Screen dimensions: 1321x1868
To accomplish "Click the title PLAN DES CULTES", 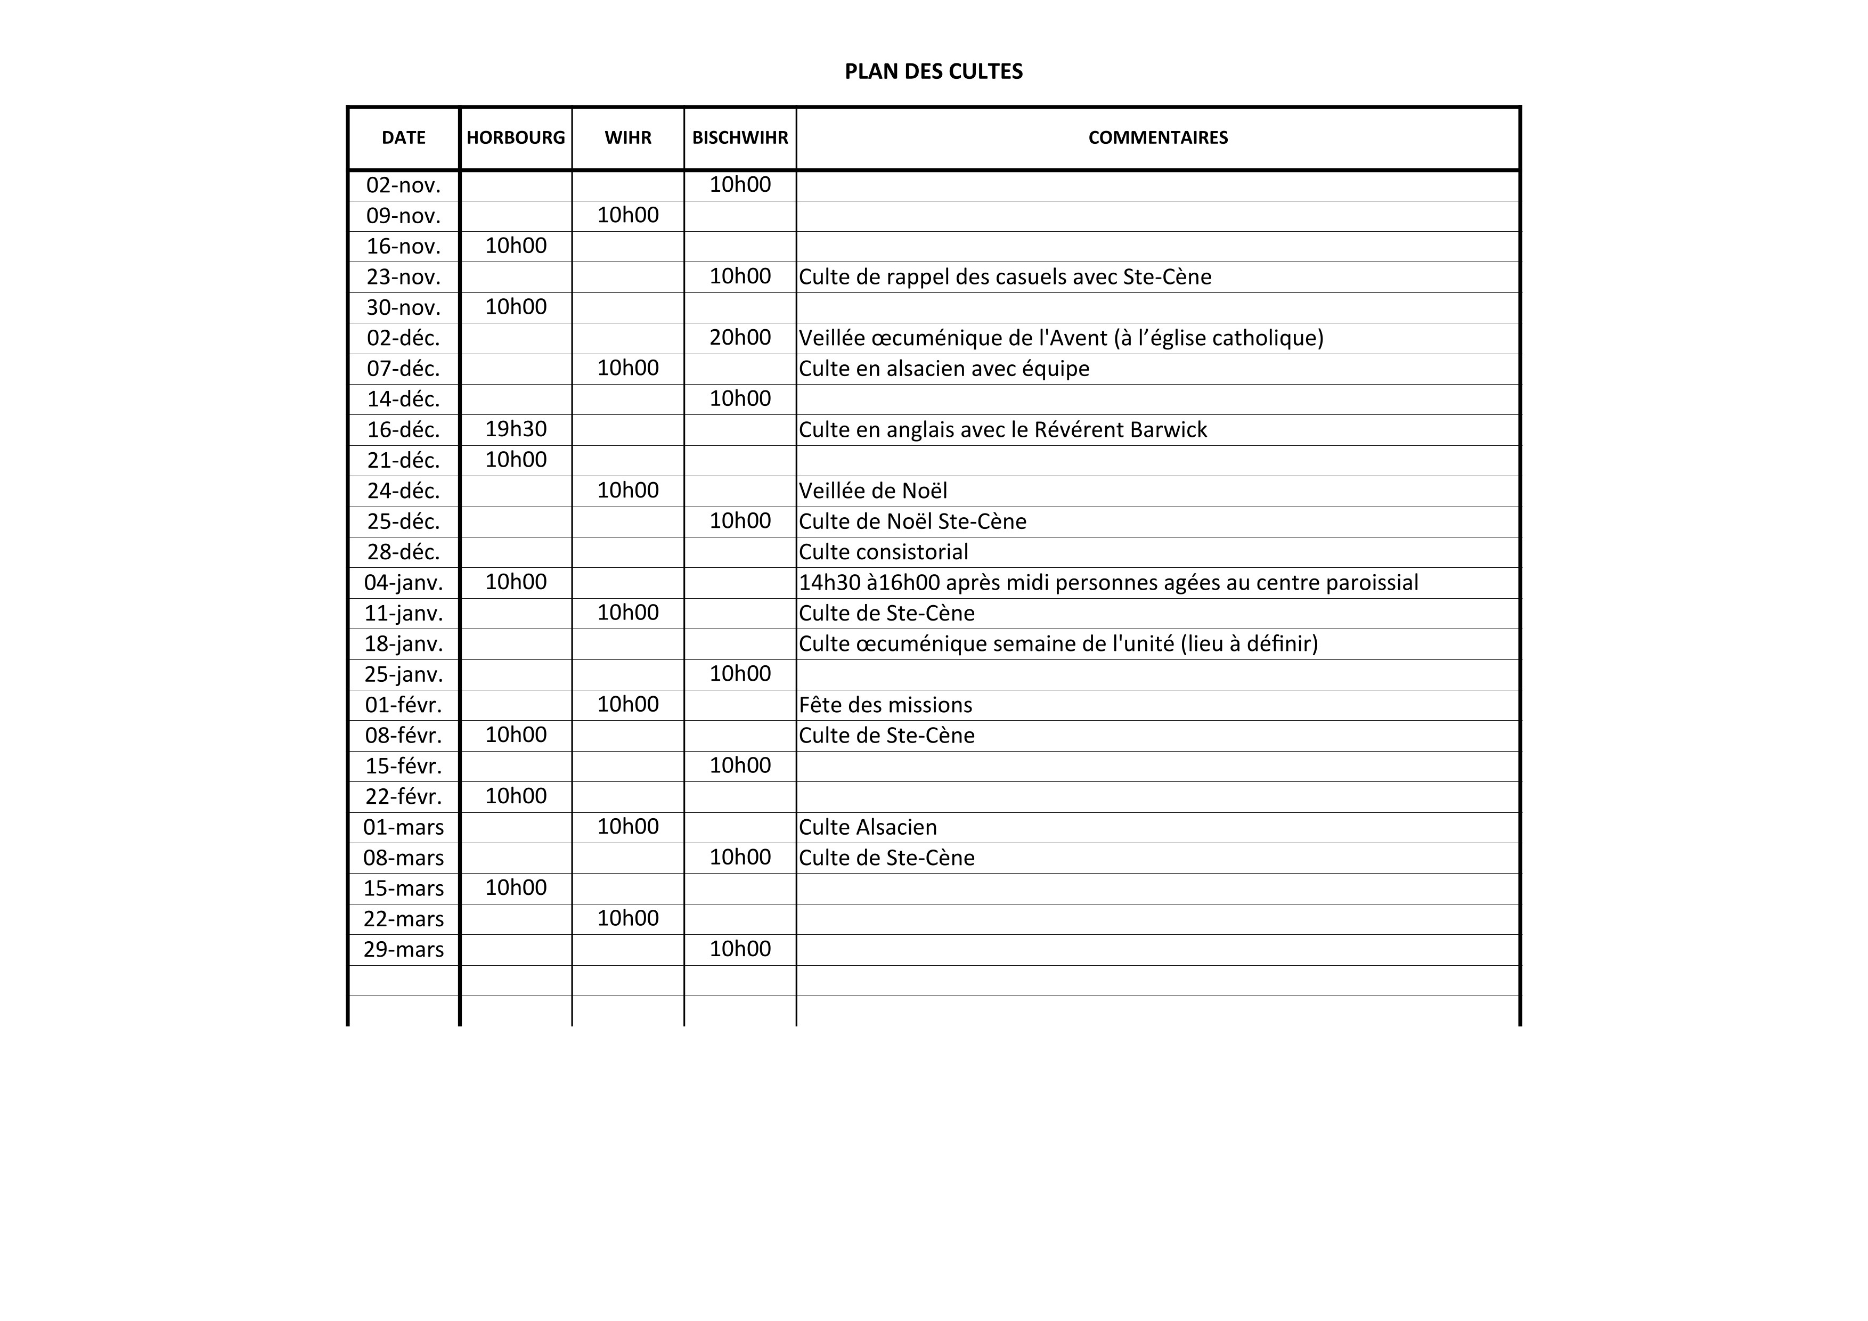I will click(933, 71).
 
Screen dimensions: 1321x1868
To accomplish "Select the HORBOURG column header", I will click(516, 137).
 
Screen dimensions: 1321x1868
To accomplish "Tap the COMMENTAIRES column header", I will click(1158, 137).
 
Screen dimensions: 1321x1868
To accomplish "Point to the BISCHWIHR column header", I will click(739, 137).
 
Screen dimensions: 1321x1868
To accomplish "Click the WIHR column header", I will click(627, 137).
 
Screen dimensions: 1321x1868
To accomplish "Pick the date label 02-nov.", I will click(404, 185).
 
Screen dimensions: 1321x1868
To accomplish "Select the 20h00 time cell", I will click(739, 338).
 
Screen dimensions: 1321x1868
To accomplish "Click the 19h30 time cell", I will click(516, 429).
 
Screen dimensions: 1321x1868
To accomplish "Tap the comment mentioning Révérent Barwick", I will click(1002, 429).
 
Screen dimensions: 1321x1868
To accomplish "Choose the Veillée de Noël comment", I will click(873, 491).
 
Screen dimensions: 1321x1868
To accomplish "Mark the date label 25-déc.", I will click(404, 521).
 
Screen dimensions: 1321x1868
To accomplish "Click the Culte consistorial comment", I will click(884, 552).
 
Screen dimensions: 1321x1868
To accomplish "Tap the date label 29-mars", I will click(404, 949).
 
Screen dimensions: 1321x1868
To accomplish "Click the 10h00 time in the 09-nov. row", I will click(627, 216).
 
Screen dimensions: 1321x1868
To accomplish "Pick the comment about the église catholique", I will click(1061, 338).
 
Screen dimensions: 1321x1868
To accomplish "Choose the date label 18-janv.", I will click(404, 644).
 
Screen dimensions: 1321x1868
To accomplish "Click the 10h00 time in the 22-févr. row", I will click(516, 796).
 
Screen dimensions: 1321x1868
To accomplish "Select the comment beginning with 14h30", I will click(1108, 582).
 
